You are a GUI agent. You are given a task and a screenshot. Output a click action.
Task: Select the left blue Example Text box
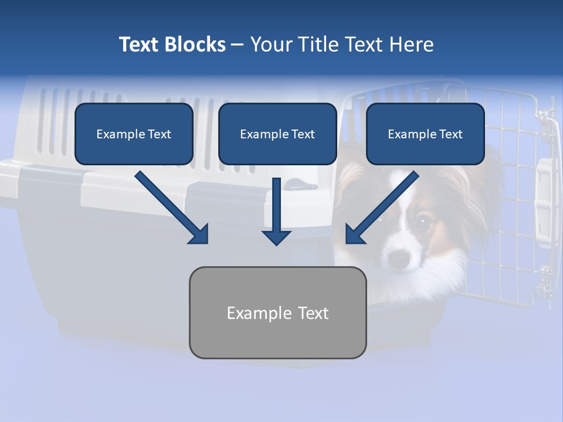pos(134,134)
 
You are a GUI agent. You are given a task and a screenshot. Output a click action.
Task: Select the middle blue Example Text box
pos(277,134)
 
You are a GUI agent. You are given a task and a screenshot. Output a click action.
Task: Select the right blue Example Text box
pos(425,134)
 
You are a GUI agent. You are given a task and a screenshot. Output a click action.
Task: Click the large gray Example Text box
pos(277,313)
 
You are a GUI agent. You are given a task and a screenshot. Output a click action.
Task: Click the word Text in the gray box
pos(313,313)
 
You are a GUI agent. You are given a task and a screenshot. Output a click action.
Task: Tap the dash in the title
pos(238,45)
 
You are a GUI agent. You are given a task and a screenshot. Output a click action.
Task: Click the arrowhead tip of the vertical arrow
pos(276,243)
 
